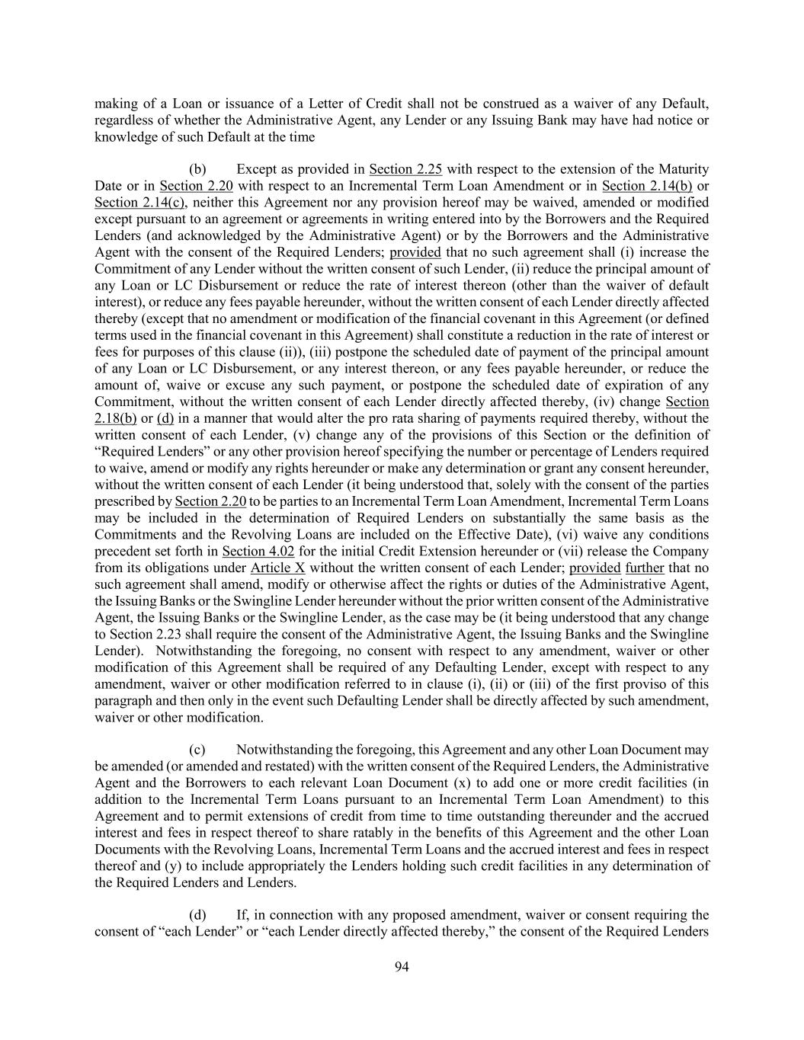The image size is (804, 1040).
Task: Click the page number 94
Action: (x=402, y=967)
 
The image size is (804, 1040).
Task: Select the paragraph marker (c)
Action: (x=197, y=749)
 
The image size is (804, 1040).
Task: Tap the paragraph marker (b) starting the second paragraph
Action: (x=197, y=169)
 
